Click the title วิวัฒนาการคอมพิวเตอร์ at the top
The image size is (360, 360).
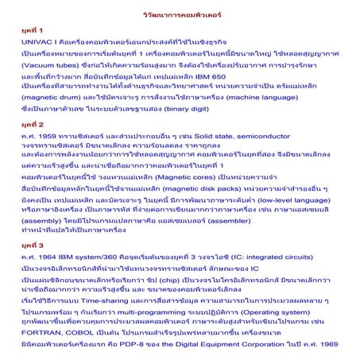click(x=179, y=14)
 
